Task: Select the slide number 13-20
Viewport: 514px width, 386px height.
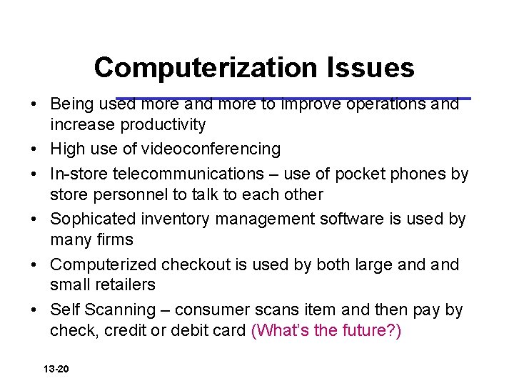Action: (x=56, y=370)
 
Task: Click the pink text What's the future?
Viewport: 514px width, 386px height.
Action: (x=326, y=331)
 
